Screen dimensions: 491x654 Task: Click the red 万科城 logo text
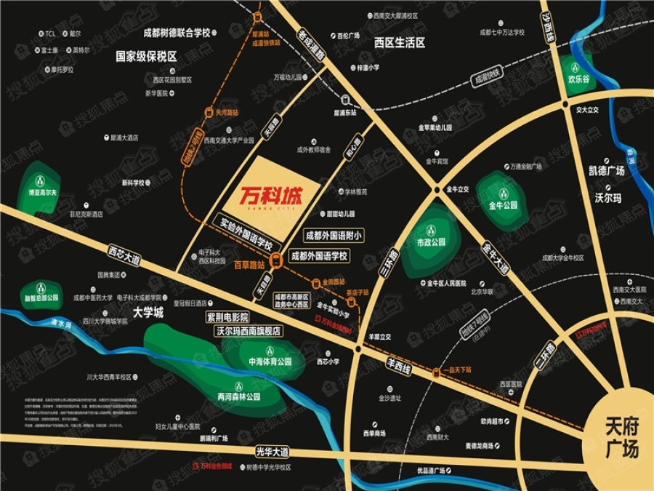pyautogui.click(x=270, y=195)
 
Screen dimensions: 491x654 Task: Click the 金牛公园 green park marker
pyautogui.click(x=503, y=205)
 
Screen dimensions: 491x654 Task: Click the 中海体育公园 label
pyautogui.click(x=270, y=361)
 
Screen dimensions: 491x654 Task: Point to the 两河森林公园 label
pyautogui.click(x=238, y=397)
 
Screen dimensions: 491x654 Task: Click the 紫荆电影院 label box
pyautogui.click(x=227, y=317)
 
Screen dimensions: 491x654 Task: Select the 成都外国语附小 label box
pyautogui.click(x=334, y=236)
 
